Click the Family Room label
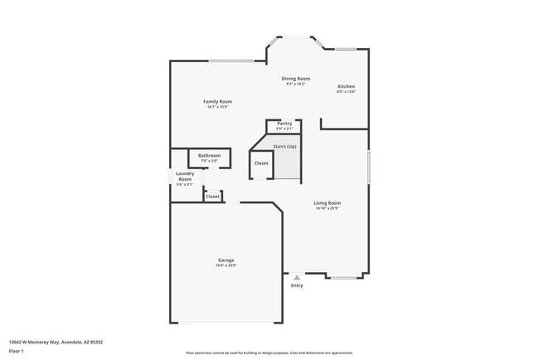point(216,101)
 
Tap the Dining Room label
point(296,78)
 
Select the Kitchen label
point(346,86)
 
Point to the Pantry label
point(284,124)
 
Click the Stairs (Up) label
point(284,146)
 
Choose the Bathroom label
point(209,155)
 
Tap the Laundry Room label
point(185,176)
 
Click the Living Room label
point(328,202)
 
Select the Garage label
point(226,260)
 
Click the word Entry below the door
point(297,285)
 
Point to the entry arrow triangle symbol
point(297,277)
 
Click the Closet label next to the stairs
point(261,163)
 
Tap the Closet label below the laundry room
point(212,197)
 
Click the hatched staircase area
point(287,166)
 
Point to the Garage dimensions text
point(226,265)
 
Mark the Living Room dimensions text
point(328,208)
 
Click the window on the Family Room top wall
point(231,61)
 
